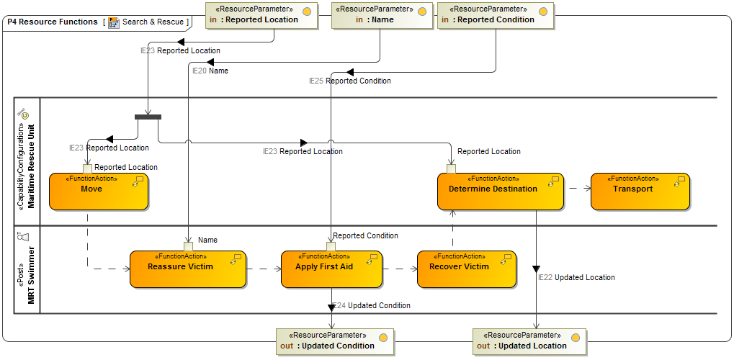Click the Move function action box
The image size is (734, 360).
[x=99, y=192]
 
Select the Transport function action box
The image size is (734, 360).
[x=640, y=192]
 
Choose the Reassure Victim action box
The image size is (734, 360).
[x=187, y=269]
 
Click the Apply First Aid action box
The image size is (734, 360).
[x=331, y=269]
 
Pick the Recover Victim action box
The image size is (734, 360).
[x=466, y=269]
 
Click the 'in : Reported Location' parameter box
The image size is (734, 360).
[x=261, y=15]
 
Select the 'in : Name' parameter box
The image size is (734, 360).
[x=382, y=15]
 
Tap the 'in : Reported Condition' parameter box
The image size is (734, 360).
[x=496, y=15]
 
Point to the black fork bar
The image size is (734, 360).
[x=148, y=117]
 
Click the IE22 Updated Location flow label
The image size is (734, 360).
[x=576, y=277]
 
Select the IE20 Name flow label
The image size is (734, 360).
[x=210, y=71]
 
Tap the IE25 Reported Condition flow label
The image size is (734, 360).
[x=350, y=81]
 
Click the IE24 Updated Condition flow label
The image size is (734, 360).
[x=372, y=305]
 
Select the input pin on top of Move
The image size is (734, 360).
[x=87, y=168]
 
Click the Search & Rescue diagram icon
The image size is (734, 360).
[x=114, y=22]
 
